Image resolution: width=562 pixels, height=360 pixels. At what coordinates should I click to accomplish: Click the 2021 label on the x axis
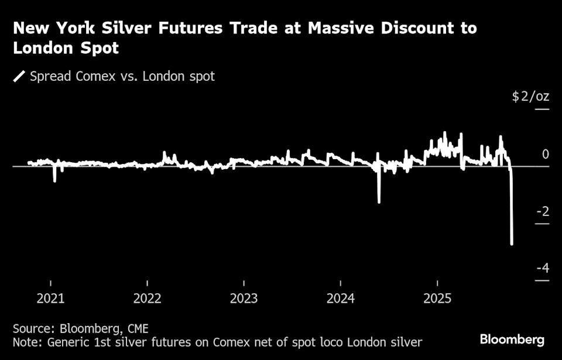(x=51, y=299)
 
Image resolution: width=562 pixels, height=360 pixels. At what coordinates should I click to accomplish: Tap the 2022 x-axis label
(x=148, y=299)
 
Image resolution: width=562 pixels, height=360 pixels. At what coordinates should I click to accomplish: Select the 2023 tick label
(x=244, y=299)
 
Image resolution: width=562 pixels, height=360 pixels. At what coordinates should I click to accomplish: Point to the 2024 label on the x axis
(x=340, y=299)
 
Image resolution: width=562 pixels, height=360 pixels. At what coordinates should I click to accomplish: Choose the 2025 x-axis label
(x=437, y=299)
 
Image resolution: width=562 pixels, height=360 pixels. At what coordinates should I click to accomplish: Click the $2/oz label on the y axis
(x=530, y=97)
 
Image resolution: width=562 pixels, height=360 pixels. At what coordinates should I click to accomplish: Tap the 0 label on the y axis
(x=546, y=154)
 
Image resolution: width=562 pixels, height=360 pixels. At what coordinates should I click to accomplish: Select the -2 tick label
(x=543, y=211)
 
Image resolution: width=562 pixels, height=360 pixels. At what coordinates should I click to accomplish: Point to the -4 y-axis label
(x=543, y=268)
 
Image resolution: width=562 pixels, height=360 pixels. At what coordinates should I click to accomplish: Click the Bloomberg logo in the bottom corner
(x=512, y=340)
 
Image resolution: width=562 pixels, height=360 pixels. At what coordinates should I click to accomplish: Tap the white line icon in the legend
(x=19, y=77)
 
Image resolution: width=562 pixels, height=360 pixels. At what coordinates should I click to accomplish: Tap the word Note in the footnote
(x=26, y=342)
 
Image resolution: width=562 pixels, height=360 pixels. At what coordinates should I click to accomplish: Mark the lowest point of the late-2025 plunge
(x=512, y=244)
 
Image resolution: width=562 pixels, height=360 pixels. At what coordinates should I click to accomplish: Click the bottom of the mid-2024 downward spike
(x=379, y=202)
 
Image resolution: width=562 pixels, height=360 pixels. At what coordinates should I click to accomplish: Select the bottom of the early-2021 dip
(x=54, y=181)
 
